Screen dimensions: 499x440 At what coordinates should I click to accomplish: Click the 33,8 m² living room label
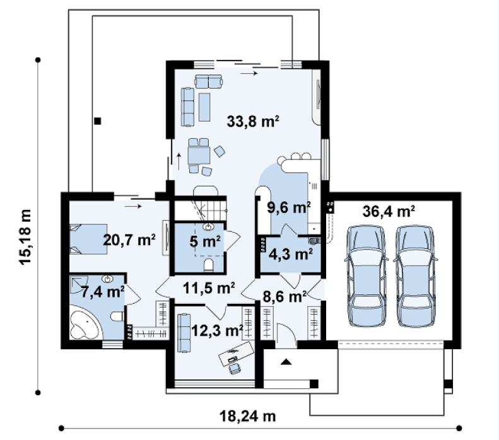[253, 122]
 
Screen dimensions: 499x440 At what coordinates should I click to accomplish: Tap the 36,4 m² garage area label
[389, 211]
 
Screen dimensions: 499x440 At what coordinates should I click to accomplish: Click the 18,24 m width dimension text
[247, 416]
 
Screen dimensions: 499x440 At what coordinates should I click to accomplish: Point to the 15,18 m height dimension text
[25, 237]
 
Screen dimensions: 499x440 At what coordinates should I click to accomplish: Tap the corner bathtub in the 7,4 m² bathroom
[85, 322]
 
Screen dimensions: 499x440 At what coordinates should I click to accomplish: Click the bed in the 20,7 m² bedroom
[88, 239]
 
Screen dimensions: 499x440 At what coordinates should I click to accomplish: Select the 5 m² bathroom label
[204, 242]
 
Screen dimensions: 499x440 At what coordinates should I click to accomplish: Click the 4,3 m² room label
[291, 254]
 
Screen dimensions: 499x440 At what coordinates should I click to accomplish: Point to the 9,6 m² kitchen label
[289, 208]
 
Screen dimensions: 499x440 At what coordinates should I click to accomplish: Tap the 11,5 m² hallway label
[209, 288]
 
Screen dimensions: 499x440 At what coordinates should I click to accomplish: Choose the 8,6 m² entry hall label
[285, 297]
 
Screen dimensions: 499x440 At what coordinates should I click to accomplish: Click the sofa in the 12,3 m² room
[184, 332]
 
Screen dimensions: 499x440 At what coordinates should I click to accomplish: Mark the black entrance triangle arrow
[286, 361]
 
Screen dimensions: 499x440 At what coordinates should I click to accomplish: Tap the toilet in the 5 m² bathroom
[208, 265]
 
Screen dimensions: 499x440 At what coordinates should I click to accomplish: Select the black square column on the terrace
[98, 121]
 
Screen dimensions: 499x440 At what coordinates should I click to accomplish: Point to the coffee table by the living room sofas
[204, 107]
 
